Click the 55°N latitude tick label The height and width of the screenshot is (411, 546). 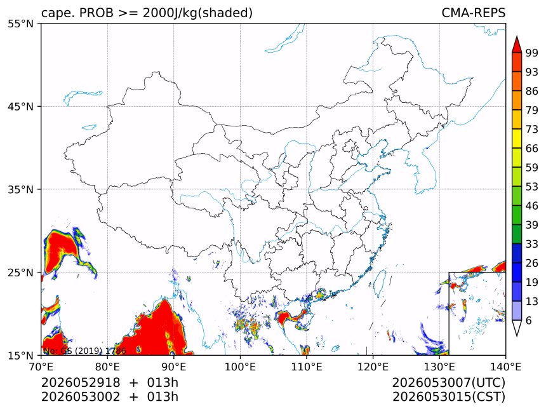coord(20,24)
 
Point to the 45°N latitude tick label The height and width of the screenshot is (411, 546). coord(20,106)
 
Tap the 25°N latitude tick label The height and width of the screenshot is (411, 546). coord(20,272)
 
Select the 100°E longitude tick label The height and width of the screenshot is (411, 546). coord(240,367)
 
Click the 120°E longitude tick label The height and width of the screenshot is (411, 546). coord(373,367)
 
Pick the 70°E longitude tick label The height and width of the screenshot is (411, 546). coord(41,367)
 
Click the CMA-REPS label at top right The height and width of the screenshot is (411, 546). coord(473,13)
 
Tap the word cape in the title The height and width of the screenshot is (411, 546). coord(53,13)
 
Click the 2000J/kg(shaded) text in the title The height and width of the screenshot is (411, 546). coord(197,13)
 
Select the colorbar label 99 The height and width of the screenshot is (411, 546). coord(532,53)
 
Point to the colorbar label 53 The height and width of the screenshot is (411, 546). coord(532,187)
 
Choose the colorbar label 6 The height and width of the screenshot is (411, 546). coord(529,320)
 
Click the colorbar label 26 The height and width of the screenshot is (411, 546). coord(532,263)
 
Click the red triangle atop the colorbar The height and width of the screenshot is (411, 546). coord(517,45)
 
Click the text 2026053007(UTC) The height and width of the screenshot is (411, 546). coord(448,383)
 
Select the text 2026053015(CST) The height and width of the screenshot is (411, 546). coord(448,397)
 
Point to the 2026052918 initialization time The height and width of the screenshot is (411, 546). coord(81,382)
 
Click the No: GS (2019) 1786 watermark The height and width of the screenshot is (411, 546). coord(84,351)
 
